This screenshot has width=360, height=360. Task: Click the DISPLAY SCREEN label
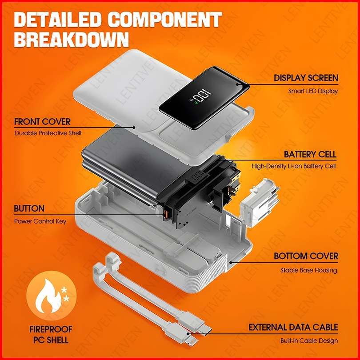[306, 78]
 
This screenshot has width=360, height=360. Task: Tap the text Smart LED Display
[313, 91]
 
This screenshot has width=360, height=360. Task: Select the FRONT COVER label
[42, 121]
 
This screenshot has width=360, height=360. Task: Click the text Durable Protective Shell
[48, 133]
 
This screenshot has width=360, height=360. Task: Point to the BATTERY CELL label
[310, 155]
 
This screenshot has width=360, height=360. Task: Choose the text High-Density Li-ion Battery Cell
[293, 166]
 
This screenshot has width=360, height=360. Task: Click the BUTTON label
[29, 208]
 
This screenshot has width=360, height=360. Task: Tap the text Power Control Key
[40, 221]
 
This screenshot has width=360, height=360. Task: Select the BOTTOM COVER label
[306, 256]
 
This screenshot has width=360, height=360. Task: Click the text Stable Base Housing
[308, 270]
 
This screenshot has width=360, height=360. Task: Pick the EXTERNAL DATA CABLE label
[293, 328]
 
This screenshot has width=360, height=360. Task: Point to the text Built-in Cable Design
[309, 341]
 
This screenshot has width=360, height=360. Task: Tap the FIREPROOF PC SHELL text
[49, 335]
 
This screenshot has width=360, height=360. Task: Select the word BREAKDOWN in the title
[71, 40]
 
